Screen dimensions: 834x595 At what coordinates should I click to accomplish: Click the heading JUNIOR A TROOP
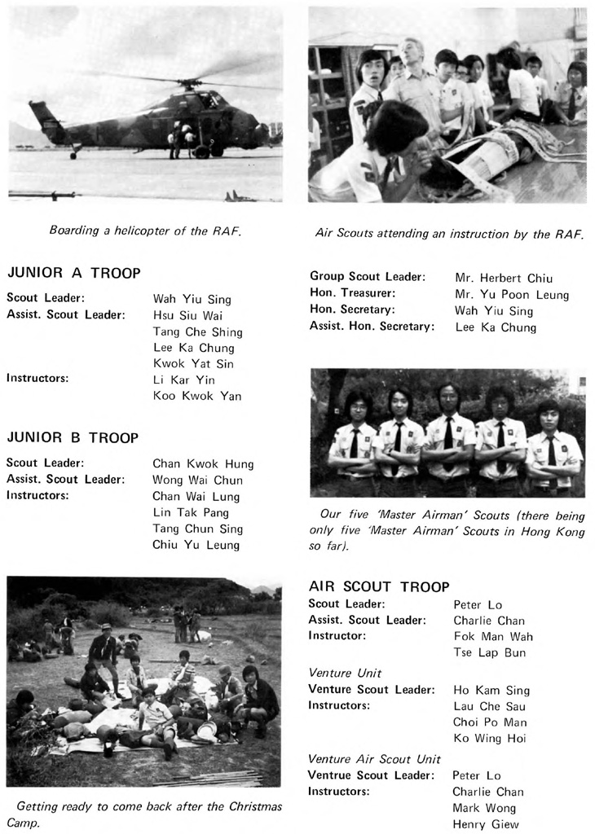(73, 274)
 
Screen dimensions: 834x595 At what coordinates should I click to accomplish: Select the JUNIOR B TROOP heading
(73, 437)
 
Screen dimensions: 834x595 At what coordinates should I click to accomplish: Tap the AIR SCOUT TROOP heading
(379, 586)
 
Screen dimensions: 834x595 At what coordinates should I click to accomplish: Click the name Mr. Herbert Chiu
(503, 277)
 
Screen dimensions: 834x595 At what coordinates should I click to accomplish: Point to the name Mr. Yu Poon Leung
(512, 295)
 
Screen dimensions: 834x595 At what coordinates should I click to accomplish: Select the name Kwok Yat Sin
(192, 364)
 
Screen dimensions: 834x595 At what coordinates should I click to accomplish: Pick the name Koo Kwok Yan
(196, 397)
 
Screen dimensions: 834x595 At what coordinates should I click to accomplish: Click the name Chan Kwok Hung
(203, 464)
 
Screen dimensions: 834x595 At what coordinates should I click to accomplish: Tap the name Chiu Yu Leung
(196, 545)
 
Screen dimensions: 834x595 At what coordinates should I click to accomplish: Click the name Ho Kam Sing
(491, 690)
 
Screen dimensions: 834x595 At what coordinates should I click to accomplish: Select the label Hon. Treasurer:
(353, 293)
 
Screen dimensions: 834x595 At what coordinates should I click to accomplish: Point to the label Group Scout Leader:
(367, 277)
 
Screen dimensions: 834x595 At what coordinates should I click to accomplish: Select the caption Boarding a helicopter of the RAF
(145, 230)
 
